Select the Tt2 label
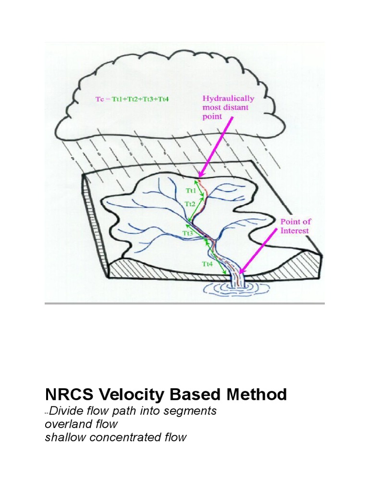point(190,204)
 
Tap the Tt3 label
point(188,234)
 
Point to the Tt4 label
point(208,263)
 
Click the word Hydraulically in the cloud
point(228,98)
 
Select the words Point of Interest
point(295,226)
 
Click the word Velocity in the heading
point(134,394)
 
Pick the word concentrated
point(126,438)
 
